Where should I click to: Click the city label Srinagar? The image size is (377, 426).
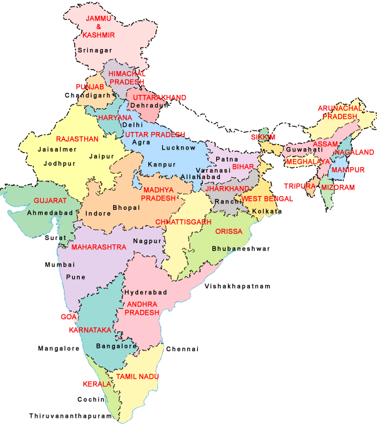tap(94, 49)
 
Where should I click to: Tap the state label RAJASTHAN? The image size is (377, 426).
tap(77, 139)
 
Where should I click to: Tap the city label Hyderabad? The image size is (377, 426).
tap(145, 293)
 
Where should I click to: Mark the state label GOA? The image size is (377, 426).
tap(68, 317)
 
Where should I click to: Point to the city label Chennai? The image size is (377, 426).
tap(182, 349)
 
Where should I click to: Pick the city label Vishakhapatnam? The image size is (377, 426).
tap(238, 286)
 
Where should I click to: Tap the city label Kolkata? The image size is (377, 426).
tap(267, 212)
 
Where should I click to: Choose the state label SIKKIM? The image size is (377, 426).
tap(263, 137)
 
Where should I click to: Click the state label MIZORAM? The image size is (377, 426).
tap(337, 187)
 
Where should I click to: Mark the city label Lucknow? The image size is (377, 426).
tap(178, 148)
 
